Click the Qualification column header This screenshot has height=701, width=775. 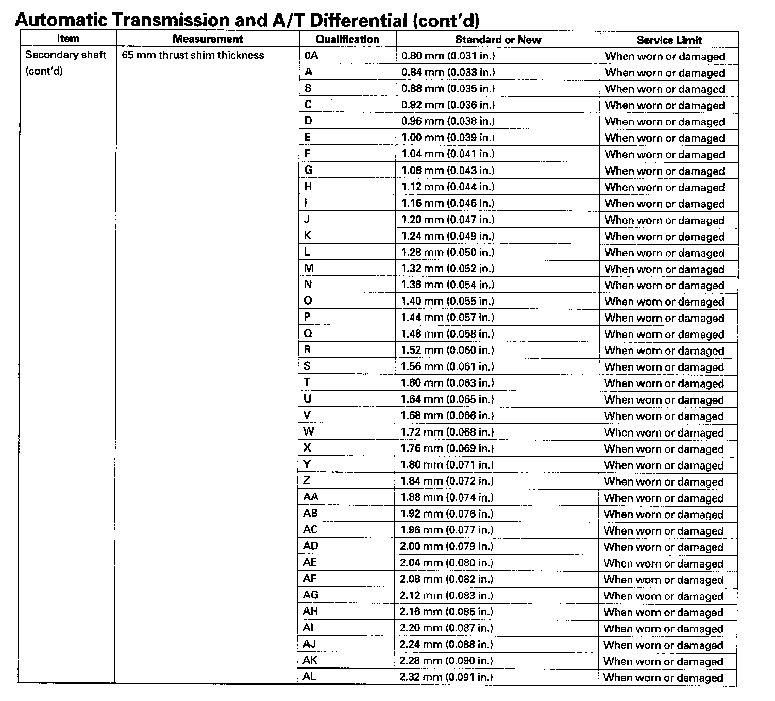click(x=347, y=39)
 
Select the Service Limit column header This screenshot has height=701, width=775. click(x=669, y=40)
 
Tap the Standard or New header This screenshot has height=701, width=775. click(x=498, y=40)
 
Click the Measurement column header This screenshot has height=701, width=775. click(x=208, y=39)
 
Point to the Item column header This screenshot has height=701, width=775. click(x=68, y=38)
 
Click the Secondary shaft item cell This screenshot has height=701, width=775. click(x=65, y=62)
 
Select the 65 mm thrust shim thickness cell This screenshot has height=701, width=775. click(x=193, y=55)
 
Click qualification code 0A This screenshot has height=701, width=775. click(x=311, y=56)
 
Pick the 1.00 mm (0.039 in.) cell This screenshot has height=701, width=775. click(x=447, y=137)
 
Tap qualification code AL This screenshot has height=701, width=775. click(x=309, y=676)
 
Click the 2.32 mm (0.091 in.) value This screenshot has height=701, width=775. click(x=446, y=677)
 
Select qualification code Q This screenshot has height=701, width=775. click(x=308, y=333)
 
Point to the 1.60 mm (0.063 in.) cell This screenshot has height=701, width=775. click(x=447, y=382)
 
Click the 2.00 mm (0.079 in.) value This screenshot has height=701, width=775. click(x=446, y=546)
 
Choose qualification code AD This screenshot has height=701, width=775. click(x=311, y=546)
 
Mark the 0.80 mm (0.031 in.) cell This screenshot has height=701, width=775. click(x=447, y=56)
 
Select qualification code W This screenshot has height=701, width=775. click(x=309, y=431)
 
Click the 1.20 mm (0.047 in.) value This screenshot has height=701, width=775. click(x=447, y=219)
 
